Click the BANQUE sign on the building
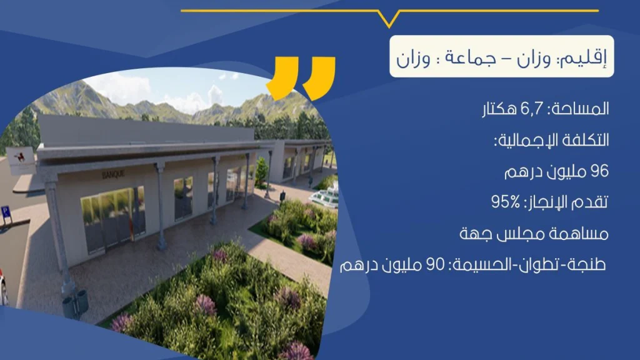[x=113, y=175]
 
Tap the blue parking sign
[x=5, y=212]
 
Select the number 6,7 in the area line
[x=532, y=109]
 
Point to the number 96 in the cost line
[x=599, y=171]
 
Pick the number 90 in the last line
[x=435, y=264]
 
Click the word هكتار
[x=500, y=109]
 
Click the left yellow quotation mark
[x=282, y=78]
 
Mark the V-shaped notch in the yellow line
[x=389, y=19]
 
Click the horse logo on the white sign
[x=19, y=157]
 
